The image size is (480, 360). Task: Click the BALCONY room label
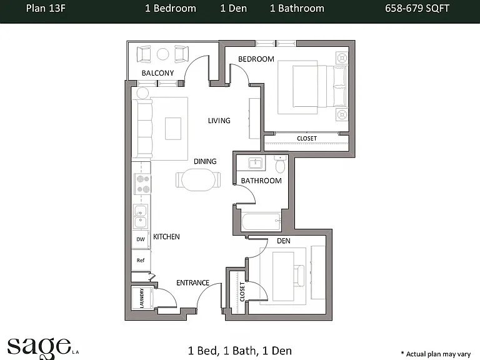pos(157,73)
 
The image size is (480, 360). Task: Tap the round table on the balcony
pos(163,54)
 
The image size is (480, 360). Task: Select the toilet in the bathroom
pos(280,164)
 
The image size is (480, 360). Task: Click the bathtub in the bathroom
pos(261,222)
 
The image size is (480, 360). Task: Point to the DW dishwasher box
pos(141,239)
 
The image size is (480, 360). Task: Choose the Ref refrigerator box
pos(141,260)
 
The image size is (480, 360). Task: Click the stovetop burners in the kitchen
pos(142,184)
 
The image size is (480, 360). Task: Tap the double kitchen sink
pos(141,216)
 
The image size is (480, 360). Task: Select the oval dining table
pos(198,180)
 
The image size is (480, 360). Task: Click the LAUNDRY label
pos(142,298)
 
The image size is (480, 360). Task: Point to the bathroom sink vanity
pos(255,163)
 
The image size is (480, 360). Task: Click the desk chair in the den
pos(299,276)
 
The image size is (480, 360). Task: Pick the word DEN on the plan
pos(284,241)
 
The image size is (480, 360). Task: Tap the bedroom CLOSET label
pos(307,138)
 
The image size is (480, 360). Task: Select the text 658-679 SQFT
pos(417,8)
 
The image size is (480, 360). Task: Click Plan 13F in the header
pos(46,8)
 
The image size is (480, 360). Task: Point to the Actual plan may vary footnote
pos(436,354)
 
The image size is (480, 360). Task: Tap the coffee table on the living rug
pos(173,129)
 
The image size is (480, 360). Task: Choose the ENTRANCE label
pos(193,282)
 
